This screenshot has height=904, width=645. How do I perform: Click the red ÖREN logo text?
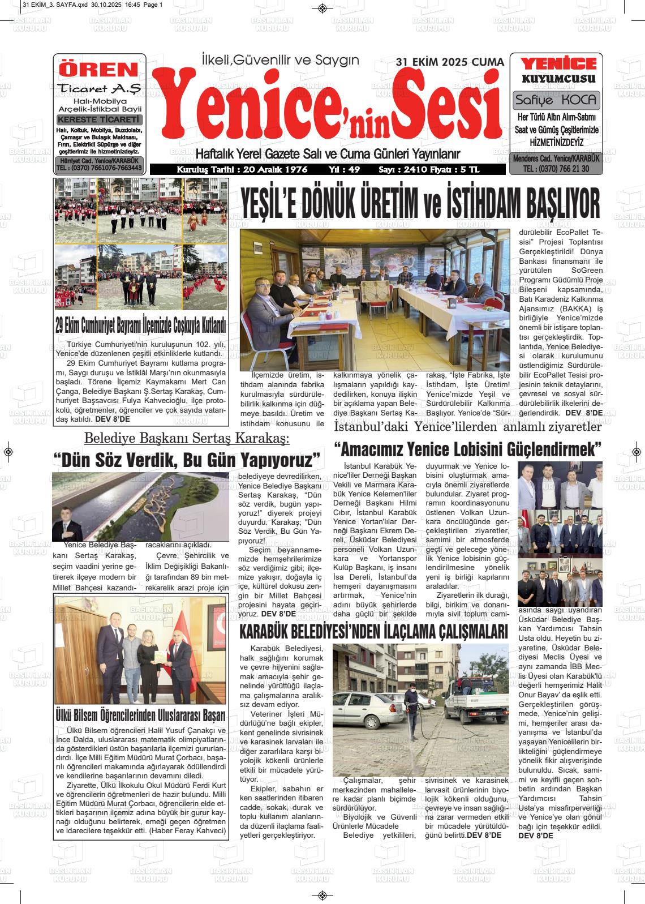pyautogui.click(x=99, y=70)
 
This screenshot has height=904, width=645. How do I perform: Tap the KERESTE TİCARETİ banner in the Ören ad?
pyautogui.click(x=99, y=120)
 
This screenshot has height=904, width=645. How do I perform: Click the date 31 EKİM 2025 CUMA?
pyautogui.click(x=449, y=62)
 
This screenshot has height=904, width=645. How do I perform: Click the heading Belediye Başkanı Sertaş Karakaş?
pyautogui.click(x=187, y=438)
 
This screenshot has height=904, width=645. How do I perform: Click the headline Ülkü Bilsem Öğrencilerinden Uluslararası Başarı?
pyautogui.click(x=140, y=715)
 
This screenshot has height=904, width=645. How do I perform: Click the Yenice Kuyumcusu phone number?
pyautogui.click(x=556, y=169)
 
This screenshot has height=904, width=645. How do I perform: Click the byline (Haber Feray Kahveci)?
pyautogui.click(x=187, y=830)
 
